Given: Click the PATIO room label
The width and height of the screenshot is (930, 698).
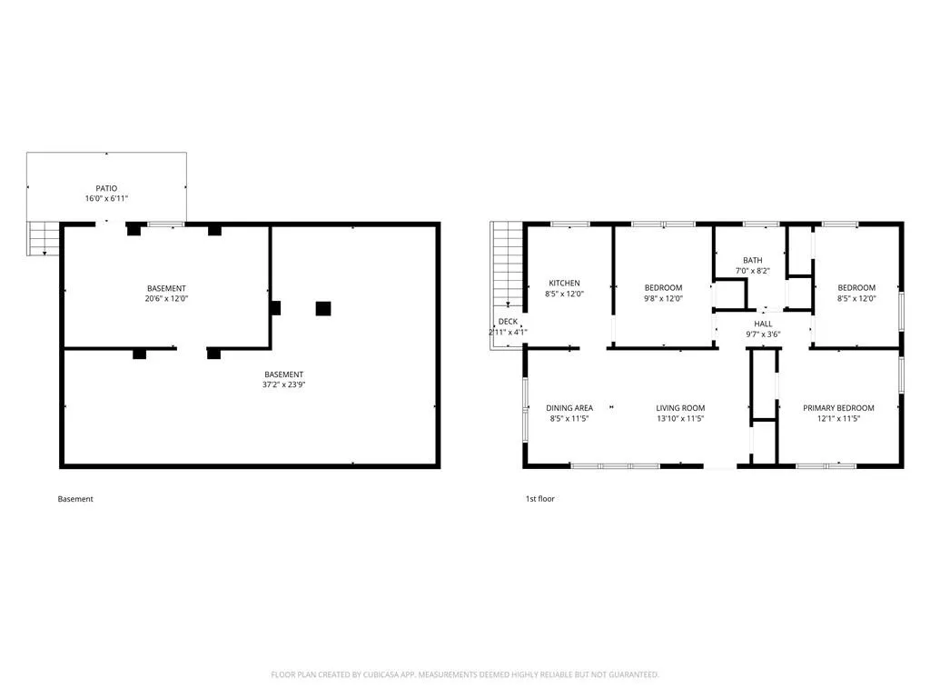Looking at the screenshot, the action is [107, 188].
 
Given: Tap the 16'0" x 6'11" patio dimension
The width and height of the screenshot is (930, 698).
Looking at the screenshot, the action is [107, 198].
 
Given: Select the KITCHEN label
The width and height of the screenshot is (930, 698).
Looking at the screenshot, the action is [564, 284].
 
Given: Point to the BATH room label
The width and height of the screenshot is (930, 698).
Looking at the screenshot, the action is [753, 260].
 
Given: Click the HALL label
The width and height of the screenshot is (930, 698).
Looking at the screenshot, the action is [763, 324].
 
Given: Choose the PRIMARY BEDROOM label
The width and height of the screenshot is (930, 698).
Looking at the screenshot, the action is [838, 408].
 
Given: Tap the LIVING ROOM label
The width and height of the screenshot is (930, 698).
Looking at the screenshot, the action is [680, 408].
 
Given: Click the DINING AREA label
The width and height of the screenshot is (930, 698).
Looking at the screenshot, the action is [569, 408].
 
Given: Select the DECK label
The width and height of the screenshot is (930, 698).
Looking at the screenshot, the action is [508, 321].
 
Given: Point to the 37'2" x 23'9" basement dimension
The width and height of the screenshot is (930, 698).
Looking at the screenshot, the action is [284, 384].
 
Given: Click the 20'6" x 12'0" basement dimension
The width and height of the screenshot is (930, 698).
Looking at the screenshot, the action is [167, 298].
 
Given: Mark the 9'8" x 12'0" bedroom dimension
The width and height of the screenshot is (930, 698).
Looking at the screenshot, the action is [664, 298].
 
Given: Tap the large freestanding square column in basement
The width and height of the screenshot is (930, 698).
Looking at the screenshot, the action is [323, 309].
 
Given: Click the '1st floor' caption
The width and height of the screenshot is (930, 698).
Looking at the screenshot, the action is [540, 499].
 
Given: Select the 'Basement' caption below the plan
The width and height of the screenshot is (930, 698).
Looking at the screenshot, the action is [75, 499].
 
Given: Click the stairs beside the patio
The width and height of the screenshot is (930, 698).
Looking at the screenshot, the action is [44, 239].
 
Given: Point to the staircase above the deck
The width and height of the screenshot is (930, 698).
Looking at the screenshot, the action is [507, 264].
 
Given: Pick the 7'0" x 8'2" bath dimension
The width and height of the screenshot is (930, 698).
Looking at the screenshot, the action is [753, 271].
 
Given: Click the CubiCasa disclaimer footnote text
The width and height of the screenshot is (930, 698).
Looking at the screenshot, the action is [465, 674].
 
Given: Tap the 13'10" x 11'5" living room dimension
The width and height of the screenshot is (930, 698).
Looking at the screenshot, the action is [680, 418].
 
